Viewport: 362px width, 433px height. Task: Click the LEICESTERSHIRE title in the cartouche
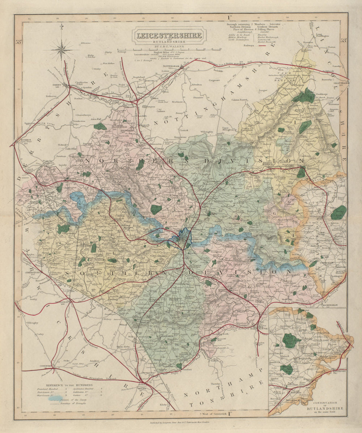[x=169, y=36]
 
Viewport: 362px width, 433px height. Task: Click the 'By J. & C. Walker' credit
[x=169, y=46]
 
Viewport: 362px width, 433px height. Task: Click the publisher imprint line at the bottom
[x=181, y=423]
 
